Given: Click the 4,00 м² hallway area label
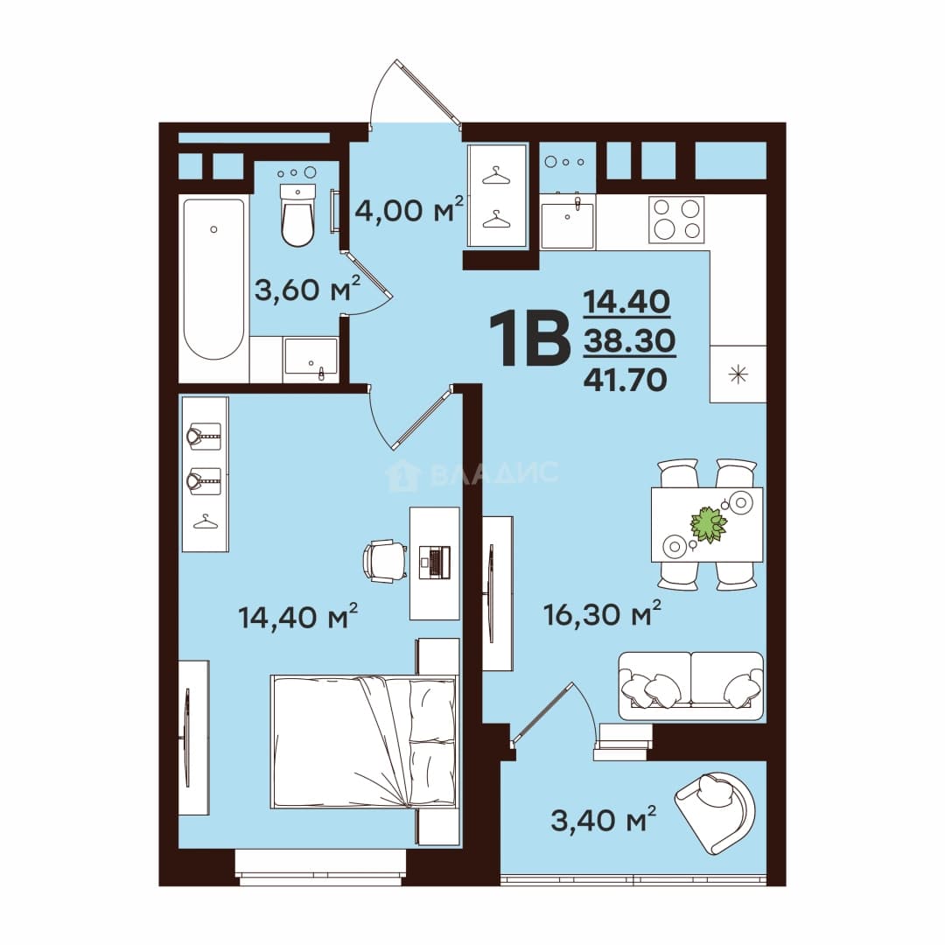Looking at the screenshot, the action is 409,210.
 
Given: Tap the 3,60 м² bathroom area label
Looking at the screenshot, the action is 307,290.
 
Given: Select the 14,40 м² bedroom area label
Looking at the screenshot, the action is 298,617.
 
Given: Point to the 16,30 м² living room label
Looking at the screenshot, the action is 602,613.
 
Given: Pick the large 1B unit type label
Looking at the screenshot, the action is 529,339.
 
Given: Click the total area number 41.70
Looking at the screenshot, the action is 626,380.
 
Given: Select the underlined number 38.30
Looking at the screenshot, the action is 629,341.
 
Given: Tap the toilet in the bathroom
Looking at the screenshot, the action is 297,215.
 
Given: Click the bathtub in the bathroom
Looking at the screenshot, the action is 214,279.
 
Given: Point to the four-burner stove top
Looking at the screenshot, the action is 676,220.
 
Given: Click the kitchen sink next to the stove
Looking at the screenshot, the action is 567,224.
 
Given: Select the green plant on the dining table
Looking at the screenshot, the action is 709,524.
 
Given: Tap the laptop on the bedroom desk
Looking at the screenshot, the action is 435,563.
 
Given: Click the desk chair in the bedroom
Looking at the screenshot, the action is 385,561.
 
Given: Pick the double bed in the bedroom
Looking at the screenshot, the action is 364,742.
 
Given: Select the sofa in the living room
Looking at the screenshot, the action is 690,686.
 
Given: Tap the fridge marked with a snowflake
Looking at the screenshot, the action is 738,374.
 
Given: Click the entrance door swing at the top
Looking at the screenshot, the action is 416,94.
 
